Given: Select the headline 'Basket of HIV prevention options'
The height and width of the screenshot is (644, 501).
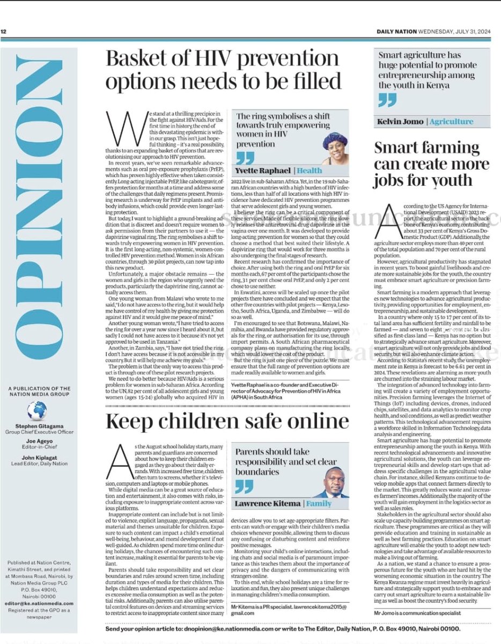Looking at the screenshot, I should point(223,70).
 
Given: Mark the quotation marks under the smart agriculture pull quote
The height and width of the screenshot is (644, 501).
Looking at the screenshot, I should point(387,100).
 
